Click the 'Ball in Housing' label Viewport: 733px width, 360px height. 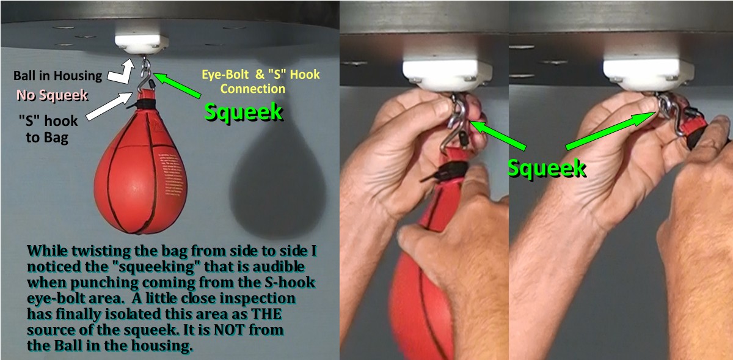57,76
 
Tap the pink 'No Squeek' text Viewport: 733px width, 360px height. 52,95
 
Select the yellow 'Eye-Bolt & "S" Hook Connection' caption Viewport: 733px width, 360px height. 260,81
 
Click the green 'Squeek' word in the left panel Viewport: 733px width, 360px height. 243,112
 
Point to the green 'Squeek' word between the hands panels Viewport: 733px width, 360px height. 547,168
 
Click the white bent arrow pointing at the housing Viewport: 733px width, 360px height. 123,72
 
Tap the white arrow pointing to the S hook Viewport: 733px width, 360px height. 109,106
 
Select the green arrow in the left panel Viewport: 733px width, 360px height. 177,85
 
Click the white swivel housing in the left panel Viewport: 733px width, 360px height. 141,44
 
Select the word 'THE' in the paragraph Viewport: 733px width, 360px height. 266,314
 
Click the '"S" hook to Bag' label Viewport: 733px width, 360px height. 48,129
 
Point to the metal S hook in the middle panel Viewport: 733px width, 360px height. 456,125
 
